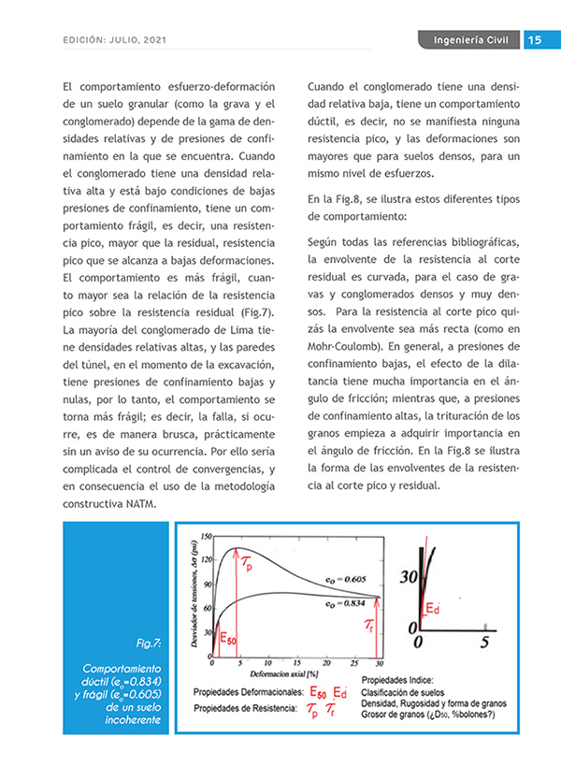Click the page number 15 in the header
536,39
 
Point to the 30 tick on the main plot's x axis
379,662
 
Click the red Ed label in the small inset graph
433,609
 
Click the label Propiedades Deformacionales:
247,693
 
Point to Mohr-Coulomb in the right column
340,343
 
